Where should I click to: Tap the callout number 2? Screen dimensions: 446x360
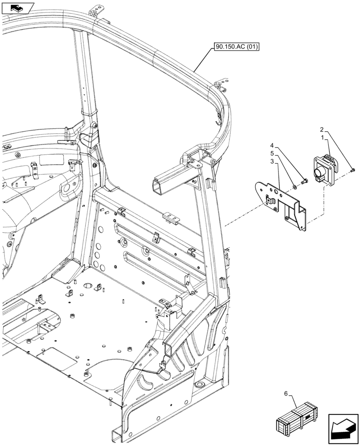[x=322, y=129]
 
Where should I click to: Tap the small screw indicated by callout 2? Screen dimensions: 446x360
[x=353, y=169]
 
